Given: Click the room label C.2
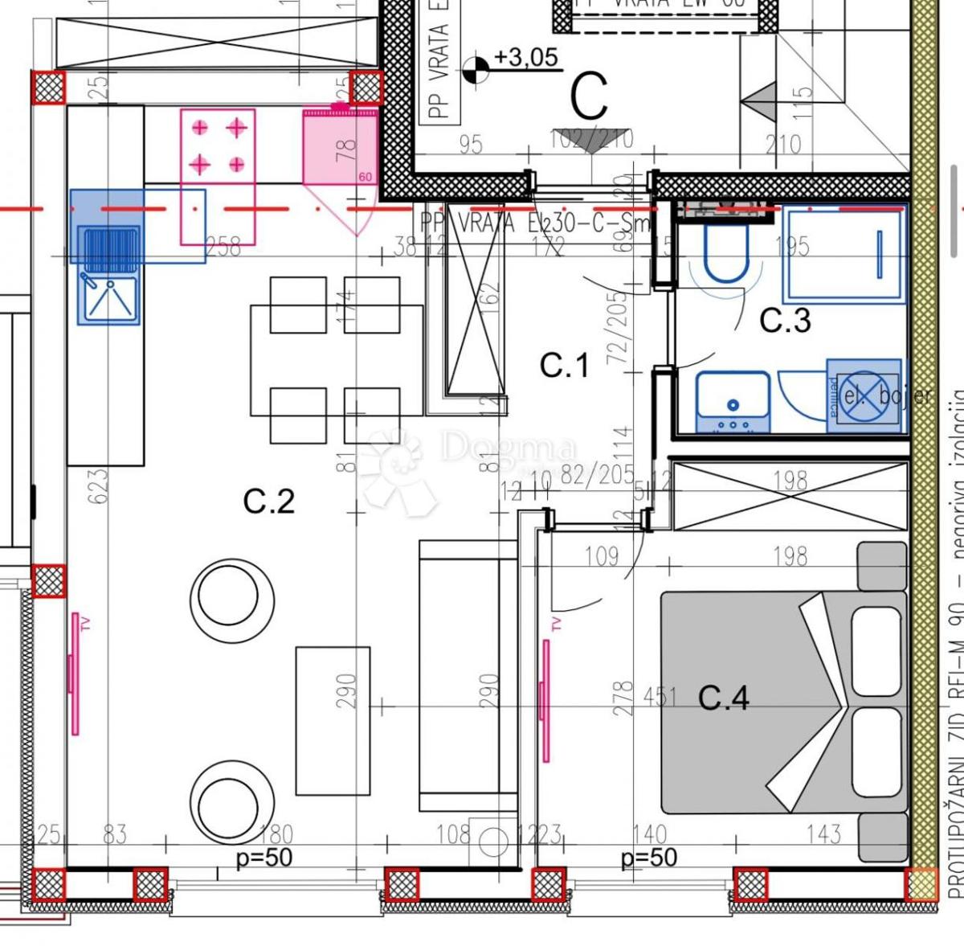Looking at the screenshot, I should click(269, 502).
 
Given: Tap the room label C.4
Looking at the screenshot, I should click(723, 697).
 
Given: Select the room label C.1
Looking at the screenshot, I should click(564, 366).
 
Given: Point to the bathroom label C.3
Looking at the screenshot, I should click(785, 321).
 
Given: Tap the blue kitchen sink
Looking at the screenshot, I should click(108, 273).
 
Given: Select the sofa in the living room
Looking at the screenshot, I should click(468, 675).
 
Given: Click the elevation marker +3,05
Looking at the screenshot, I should click(525, 58).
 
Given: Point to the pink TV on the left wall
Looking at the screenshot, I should click(75, 673).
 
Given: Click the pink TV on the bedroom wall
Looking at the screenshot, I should click(546, 689).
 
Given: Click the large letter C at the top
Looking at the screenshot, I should click(590, 97).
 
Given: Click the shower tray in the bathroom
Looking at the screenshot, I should click(843, 254).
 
